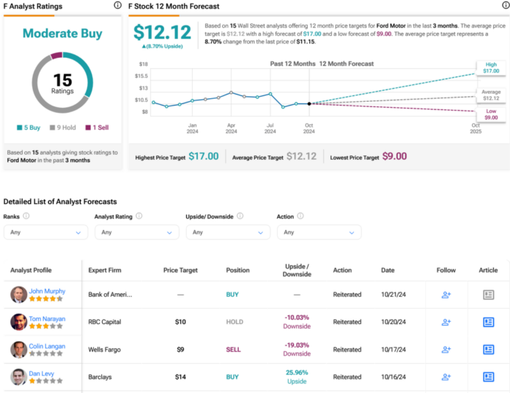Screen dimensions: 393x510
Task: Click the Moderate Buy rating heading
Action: coord(62,34)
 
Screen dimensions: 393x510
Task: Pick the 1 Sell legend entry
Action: coord(97,127)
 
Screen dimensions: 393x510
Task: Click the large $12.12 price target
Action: coord(162,32)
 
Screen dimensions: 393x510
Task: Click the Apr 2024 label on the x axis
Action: coord(232,128)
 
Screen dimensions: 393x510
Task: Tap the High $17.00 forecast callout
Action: coord(490,67)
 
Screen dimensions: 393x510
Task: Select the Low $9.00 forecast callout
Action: coord(490,114)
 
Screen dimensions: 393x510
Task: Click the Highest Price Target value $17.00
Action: coord(203,156)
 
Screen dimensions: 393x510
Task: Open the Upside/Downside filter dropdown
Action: coord(228,232)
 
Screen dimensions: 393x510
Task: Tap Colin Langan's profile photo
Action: coord(19,350)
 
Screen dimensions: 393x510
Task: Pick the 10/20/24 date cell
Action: coord(393,322)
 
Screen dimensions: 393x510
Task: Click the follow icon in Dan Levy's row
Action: coord(446,377)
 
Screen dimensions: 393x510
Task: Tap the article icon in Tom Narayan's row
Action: coord(489,322)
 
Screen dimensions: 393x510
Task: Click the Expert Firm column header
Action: coord(105,270)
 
